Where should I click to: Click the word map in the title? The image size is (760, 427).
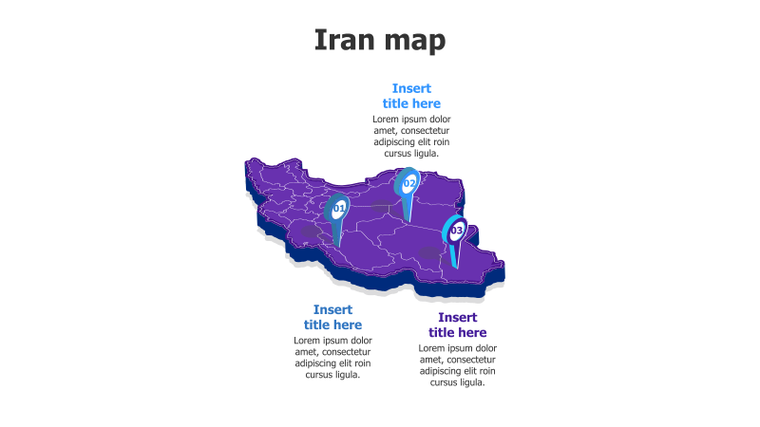click(414, 42)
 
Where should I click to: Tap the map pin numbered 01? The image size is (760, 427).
click(338, 208)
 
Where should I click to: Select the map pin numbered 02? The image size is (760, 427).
click(408, 183)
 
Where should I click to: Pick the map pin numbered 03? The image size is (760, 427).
click(456, 231)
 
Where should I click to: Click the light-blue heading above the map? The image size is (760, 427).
click(411, 96)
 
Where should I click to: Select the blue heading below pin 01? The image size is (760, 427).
click(332, 317)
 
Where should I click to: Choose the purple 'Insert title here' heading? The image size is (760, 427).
click(457, 325)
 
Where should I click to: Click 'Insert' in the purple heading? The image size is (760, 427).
click(458, 317)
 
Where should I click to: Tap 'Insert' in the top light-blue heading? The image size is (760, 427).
click(411, 88)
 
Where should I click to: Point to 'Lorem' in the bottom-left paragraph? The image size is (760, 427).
click(310, 341)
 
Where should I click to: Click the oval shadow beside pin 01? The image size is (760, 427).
click(312, 231)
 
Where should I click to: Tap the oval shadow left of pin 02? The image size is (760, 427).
click(382, 205)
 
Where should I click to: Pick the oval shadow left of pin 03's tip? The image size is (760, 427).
click(429, 252)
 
